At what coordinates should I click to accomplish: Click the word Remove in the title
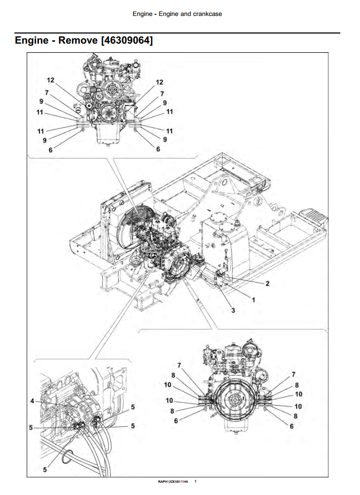(72, 40)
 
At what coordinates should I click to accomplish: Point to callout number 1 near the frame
(253, 300)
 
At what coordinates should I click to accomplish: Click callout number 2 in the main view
(267, 284)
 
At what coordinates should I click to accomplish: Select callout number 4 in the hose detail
(32, 400)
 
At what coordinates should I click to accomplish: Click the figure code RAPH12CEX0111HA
(173, 482)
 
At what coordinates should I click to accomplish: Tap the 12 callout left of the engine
(51, 80)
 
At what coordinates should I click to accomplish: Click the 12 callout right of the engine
(159, 82)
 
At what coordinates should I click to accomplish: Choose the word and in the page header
(186, 14)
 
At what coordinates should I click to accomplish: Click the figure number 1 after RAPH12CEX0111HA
(195, 482)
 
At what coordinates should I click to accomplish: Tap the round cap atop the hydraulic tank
(219, 217)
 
